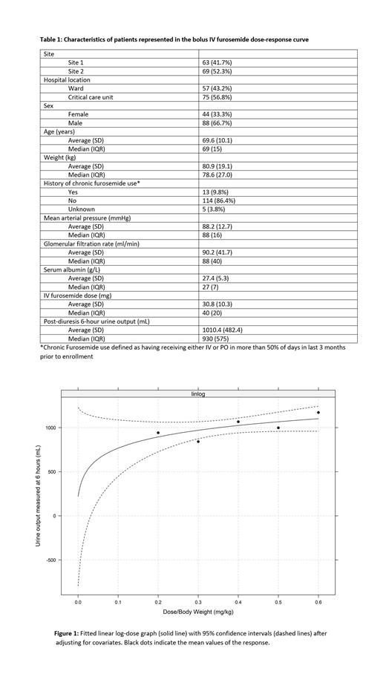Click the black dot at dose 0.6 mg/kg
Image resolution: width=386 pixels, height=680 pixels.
318,412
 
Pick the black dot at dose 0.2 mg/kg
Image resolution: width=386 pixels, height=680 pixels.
157,433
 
